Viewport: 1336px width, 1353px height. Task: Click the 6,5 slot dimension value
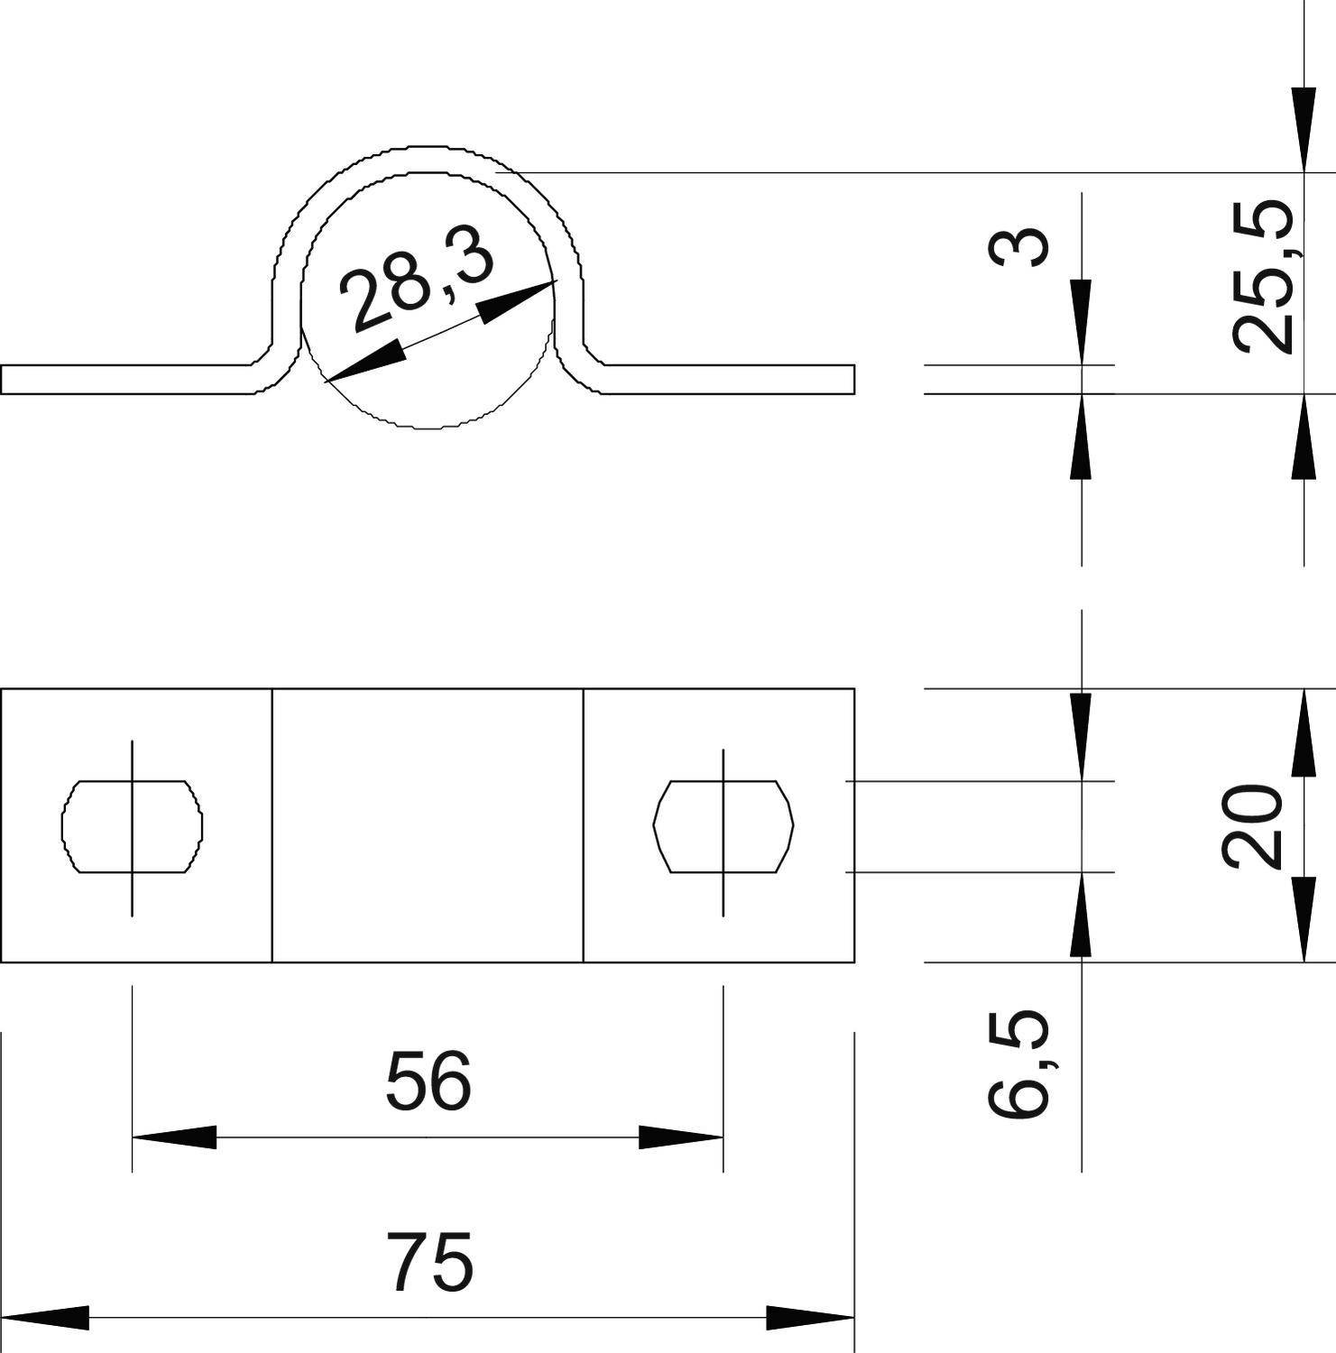pyautogui.click(x=1019, y=1064)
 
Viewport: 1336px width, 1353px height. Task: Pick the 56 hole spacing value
pyautogui.click(x=428, y=1081)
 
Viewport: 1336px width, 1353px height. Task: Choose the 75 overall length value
pyautogui.click(x=430, y=1262)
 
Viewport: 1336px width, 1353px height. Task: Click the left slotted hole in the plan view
pyautogui.click(x=132, y=826)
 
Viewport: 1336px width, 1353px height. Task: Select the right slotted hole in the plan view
pyautogui.click(x=723, y=826)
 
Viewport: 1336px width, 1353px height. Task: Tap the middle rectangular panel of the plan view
pyautogui.click(x=428, y=825)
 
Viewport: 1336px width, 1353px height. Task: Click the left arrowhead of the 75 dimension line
pyautogui.click(x=45, y=1318)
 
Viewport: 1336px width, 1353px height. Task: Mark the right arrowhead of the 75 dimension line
pyautogui.click(x=810, y=1318)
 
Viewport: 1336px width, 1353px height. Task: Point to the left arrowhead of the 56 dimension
pyautogui.click(x=174, y=1137)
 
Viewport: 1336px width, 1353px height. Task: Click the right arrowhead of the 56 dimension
pyautogui.click(x=681, y=1137)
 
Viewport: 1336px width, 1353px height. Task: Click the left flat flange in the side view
pyautogui.click(x=126, y=380)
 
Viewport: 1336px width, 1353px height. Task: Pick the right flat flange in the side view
pyautogui.click(x=729, y=380)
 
